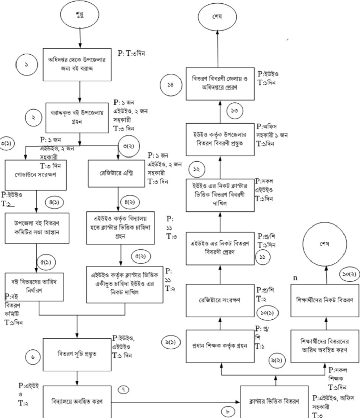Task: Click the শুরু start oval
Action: point(80,15)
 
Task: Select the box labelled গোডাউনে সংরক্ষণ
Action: point(36,175)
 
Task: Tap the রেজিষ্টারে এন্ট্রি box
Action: point(117,173)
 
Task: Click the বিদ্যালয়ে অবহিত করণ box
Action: point(77,402)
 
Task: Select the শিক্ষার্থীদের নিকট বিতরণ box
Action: point(325,300)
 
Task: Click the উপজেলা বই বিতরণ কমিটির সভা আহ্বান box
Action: point(37,228)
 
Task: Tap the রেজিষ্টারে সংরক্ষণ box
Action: point(220,300)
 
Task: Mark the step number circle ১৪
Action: point(171,85)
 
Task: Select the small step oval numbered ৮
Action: point(228,412)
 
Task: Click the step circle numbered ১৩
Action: point(235,111)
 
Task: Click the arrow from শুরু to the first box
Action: point(80,37)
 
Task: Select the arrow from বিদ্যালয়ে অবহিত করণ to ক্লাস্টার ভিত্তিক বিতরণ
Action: point(175,402)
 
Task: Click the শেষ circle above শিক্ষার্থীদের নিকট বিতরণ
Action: point(325,244)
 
